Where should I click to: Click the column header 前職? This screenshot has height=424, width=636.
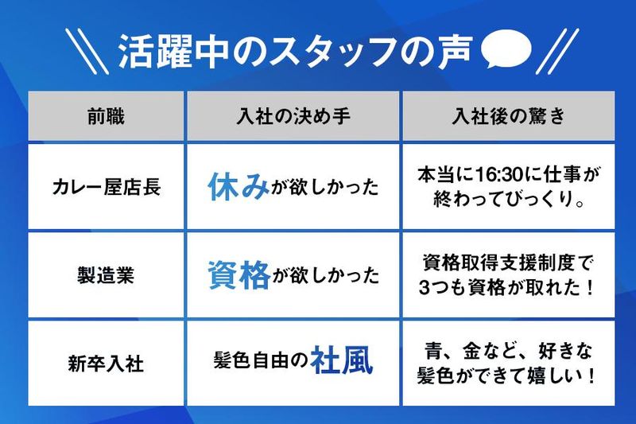click(x=106, y=116)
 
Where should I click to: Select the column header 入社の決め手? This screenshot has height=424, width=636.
click(x=294, y=116)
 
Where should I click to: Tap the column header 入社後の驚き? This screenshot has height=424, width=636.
click(x=508, y=116)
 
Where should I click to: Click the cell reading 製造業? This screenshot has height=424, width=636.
click(x=106, y=276)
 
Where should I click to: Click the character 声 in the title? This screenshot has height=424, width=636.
click(x=460, y=52)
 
